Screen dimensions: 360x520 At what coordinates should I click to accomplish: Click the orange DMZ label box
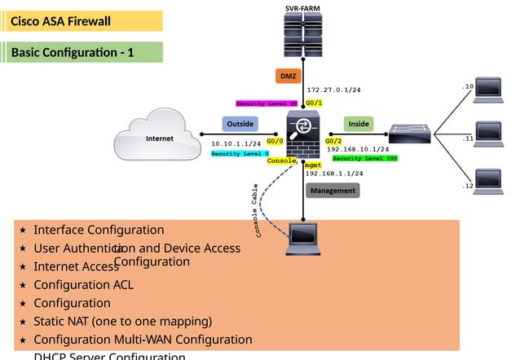pos(289,77)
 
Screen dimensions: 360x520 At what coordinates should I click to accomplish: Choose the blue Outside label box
pos(240,124)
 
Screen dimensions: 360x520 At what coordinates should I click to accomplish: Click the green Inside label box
pos(359,124)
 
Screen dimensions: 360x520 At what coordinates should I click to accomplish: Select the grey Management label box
pos(333,191)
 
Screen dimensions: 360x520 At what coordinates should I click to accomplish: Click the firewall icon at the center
pos(303,134)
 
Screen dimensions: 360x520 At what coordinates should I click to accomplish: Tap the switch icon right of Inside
pos(408,134)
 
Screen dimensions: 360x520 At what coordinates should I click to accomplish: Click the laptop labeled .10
pos(489,87)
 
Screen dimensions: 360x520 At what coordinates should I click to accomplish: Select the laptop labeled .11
pos(489,133)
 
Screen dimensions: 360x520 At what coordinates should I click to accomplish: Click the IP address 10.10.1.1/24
pos(236,143)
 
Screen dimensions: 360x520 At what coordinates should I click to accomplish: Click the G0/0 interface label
pos(274,141)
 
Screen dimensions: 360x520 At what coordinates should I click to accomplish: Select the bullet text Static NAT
pos(122,320)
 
